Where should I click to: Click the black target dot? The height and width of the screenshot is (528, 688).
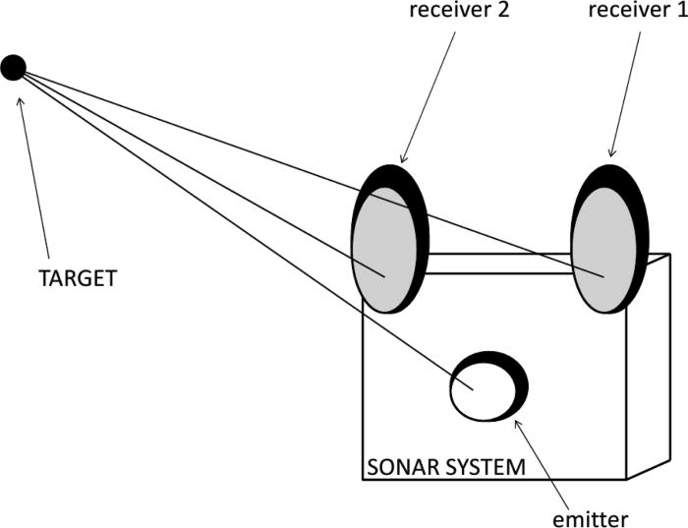(x=13, y=67)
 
